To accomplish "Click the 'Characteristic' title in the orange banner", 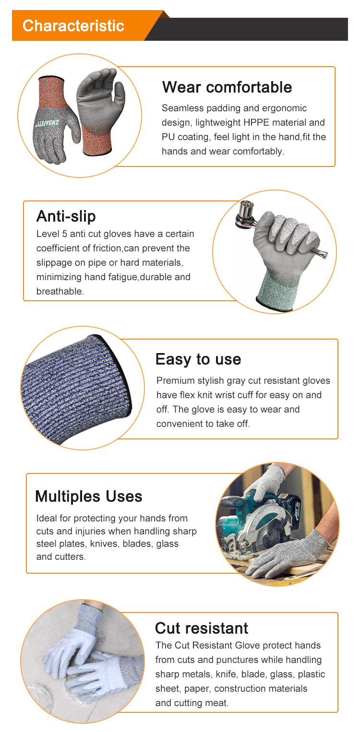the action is (73, 25).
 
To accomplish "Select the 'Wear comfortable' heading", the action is (227, 87).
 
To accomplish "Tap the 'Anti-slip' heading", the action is (66, 216).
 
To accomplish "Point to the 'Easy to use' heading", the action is (198, 359).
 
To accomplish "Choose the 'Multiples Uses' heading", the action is (89, 496).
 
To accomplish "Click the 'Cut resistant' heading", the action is (202, 628).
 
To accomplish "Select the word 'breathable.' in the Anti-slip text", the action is (60, 292).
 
